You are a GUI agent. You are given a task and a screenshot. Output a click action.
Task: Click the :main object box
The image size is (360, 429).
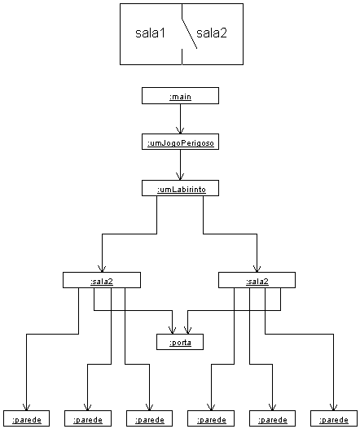[180, 96]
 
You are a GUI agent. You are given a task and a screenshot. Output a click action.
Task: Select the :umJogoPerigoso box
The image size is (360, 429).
[180, 142]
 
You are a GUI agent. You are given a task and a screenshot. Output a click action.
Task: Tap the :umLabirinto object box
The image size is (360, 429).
[180, 188]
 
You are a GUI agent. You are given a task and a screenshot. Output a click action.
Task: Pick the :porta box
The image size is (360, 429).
[180, 342]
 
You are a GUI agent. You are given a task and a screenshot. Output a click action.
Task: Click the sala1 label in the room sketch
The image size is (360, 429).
[151, 33]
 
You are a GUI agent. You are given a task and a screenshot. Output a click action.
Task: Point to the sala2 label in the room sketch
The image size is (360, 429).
[212, 33]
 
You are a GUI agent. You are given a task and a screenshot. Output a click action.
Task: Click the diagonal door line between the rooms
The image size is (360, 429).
[190, 34]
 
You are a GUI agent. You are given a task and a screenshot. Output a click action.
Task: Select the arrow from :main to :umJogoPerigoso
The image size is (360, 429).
[180, 119]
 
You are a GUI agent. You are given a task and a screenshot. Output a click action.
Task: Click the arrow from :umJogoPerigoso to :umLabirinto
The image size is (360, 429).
[180, 164]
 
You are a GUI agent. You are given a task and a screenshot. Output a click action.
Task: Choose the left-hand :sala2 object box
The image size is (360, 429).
[102, 280]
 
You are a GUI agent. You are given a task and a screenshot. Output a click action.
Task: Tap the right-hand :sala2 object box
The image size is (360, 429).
[257, 280]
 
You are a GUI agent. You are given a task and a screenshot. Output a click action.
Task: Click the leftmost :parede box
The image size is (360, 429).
[27, 418]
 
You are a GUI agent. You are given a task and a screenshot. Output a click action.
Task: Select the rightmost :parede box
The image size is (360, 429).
[334, 418]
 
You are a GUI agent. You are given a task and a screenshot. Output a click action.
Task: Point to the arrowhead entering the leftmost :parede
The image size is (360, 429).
[27, 408]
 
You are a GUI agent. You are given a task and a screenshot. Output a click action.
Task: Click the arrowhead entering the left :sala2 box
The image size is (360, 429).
[102, 269]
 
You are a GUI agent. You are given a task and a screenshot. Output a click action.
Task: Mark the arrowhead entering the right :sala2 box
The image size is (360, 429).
[257, 269]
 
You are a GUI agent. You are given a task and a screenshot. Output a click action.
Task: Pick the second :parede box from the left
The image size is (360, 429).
[88, 418]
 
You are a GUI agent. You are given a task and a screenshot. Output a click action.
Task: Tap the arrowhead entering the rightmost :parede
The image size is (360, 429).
[333, 408]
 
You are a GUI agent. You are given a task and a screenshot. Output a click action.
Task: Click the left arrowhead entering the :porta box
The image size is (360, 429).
[172, 331]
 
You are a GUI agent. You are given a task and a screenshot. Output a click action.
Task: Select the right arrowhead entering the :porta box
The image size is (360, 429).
[187, 331]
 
